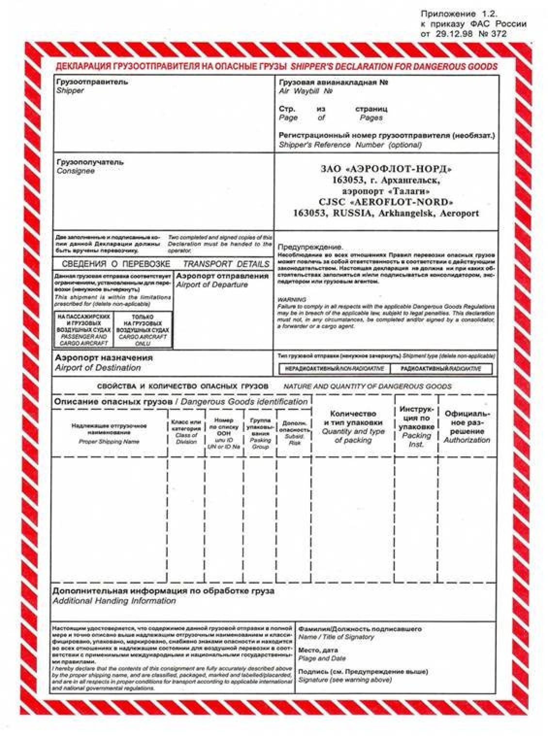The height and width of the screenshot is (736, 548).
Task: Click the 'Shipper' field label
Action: coord(70,91)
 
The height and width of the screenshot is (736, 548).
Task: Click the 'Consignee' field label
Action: coord(76,171)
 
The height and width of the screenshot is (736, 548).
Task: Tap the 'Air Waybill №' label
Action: coord(306,91)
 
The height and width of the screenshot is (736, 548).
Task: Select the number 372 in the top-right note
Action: coord(498,33)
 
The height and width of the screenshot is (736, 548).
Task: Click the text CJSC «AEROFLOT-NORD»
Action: coord(386,202)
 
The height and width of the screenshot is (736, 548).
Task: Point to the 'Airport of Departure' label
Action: coord(212,284)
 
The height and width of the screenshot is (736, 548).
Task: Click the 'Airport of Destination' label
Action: coord(98,368)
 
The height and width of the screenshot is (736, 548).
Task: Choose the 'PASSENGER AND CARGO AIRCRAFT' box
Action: coord(83,330)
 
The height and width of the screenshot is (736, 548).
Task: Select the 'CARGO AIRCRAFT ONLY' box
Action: coord(143,330)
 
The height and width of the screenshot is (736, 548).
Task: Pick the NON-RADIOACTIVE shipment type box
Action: coord(334,369)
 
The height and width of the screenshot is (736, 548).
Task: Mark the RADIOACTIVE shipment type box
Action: coord(441,369)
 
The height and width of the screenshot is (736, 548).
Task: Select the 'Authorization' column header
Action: coord(467,440)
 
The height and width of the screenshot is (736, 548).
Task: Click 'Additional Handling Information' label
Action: coord(114,601)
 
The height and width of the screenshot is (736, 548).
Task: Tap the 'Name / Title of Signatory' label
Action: coord(336,636)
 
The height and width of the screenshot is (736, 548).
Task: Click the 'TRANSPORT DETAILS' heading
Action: coord(226,264)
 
